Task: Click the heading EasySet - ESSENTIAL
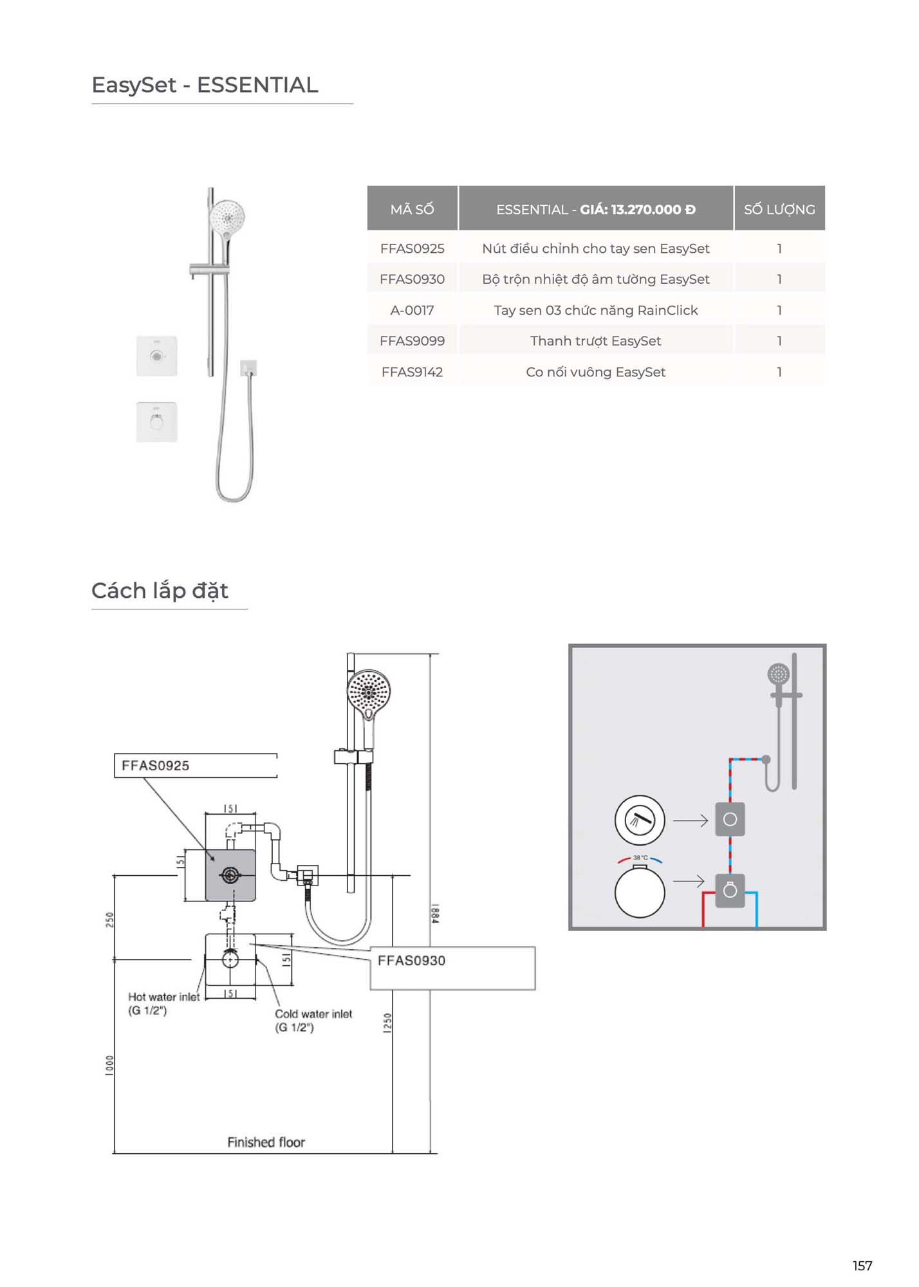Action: pos(205,85)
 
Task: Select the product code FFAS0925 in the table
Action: pos(412,248)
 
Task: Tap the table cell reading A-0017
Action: pos(412,310)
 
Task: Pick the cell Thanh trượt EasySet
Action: pos(595,341)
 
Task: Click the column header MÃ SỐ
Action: pos(412,209)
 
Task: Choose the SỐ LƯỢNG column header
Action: pos(779,209)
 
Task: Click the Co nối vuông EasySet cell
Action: pos(595,372)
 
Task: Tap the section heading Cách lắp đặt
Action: pos(160,591)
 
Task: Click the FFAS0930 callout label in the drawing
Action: pos(411,961)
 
